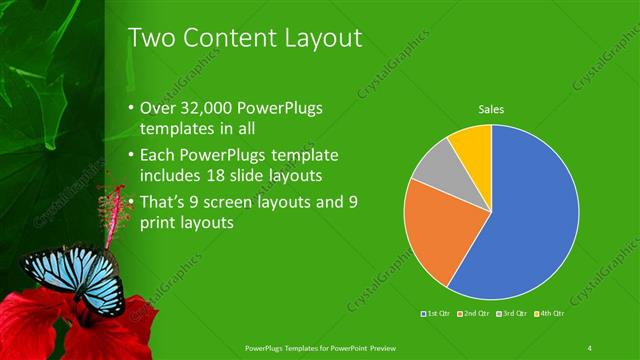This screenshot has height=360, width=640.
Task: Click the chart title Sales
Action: (x=491, y=109)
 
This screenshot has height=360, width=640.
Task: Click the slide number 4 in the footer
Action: (x=590, y=348)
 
